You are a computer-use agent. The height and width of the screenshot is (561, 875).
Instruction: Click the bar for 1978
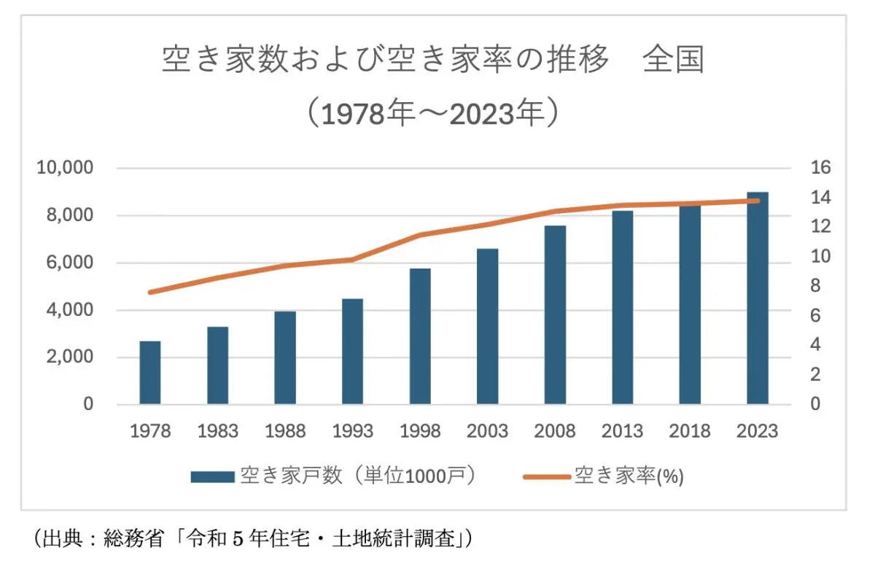[x=150, y=373]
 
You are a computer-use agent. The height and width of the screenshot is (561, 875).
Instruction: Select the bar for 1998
[x=420, y=336]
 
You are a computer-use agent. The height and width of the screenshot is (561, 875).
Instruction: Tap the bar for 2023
[x=758, y=298]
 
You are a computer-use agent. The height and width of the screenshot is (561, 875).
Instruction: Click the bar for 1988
[x=285, y=357]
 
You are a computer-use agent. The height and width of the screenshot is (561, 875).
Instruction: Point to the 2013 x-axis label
[x=622, y=431]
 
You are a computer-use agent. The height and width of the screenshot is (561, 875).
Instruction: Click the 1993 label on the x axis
[x=352, y=431]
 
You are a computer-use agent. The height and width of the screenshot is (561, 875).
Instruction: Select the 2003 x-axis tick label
[x=487, y=431]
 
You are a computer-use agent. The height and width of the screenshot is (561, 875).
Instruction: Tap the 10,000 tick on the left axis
[x=65, y=168]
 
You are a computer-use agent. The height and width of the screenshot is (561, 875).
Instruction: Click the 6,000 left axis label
[x=69, y=263]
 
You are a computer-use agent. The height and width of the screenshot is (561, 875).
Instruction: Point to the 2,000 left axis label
[x=69, y=357]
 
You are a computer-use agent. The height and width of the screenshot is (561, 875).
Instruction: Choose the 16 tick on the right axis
[x=820, y=168]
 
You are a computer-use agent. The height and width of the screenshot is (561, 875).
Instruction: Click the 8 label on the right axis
[x=817, y=286]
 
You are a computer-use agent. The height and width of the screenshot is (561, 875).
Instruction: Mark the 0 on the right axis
[x=817, y=404]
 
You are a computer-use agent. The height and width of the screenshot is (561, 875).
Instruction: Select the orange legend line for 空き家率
[x=546, y=476]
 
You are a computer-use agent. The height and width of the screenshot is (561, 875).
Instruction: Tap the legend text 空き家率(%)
[x=629, y=476]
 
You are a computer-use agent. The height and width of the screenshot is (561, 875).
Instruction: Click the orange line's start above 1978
[x=150, y=292]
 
